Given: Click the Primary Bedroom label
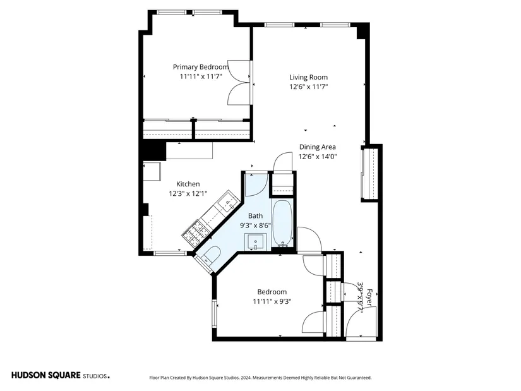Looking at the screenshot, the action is pyautogui.click(x=201, y=67).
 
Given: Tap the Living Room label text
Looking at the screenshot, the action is pyautogui.click(x=308, y=78).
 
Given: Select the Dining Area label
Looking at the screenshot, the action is pyautogui.click(x=317, y=147).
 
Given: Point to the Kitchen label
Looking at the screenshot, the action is pyautogui.click(x=188, y=184).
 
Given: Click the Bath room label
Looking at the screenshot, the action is pyautogui.click(x=255, y=216).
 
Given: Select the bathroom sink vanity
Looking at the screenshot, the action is pyautogui.click(x=255, y=242).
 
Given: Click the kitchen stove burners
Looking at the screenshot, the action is pyautogui.click(x=196, y=234).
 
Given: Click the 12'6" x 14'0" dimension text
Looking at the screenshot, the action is pyautogui.click(x=318, y=157).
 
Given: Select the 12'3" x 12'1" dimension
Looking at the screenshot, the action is pyautogui.click(x=188, y=193).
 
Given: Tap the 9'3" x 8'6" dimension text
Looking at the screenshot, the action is pyautogui.click(x=255, y=226).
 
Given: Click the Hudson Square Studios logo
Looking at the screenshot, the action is pyautogui.click(x=61, y=375).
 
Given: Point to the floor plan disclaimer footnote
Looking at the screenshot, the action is pyautogui.click(x=260, y=378).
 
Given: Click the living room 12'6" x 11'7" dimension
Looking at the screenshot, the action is pyautogui.click(x=308, y=87).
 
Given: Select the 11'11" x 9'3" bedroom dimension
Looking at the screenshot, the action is pyautogui.click(x=272, y=301).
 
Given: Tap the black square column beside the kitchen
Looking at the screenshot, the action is pyautogui.click(x=154, y=151).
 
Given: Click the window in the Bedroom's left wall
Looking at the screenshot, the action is pyautogui.click(x=214, y=314).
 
